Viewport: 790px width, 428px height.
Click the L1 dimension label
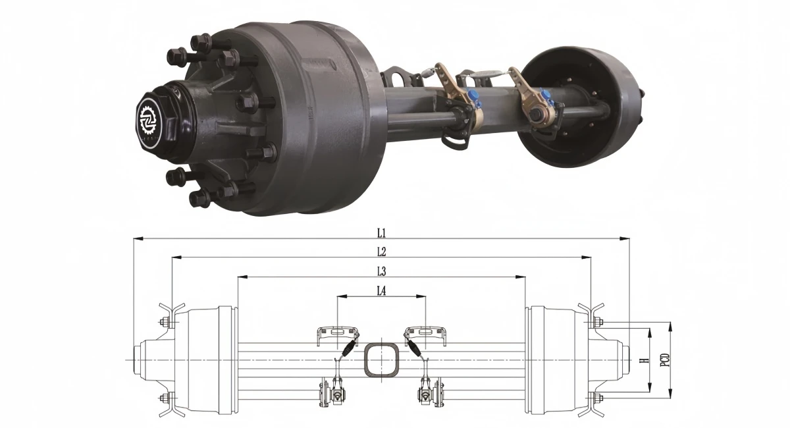point(382,232)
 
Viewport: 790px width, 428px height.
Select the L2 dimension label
point(382,252)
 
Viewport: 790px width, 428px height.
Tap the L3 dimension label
point(382,271)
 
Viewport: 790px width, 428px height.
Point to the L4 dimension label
point(382,291)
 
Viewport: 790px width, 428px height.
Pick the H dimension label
point(644,361)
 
